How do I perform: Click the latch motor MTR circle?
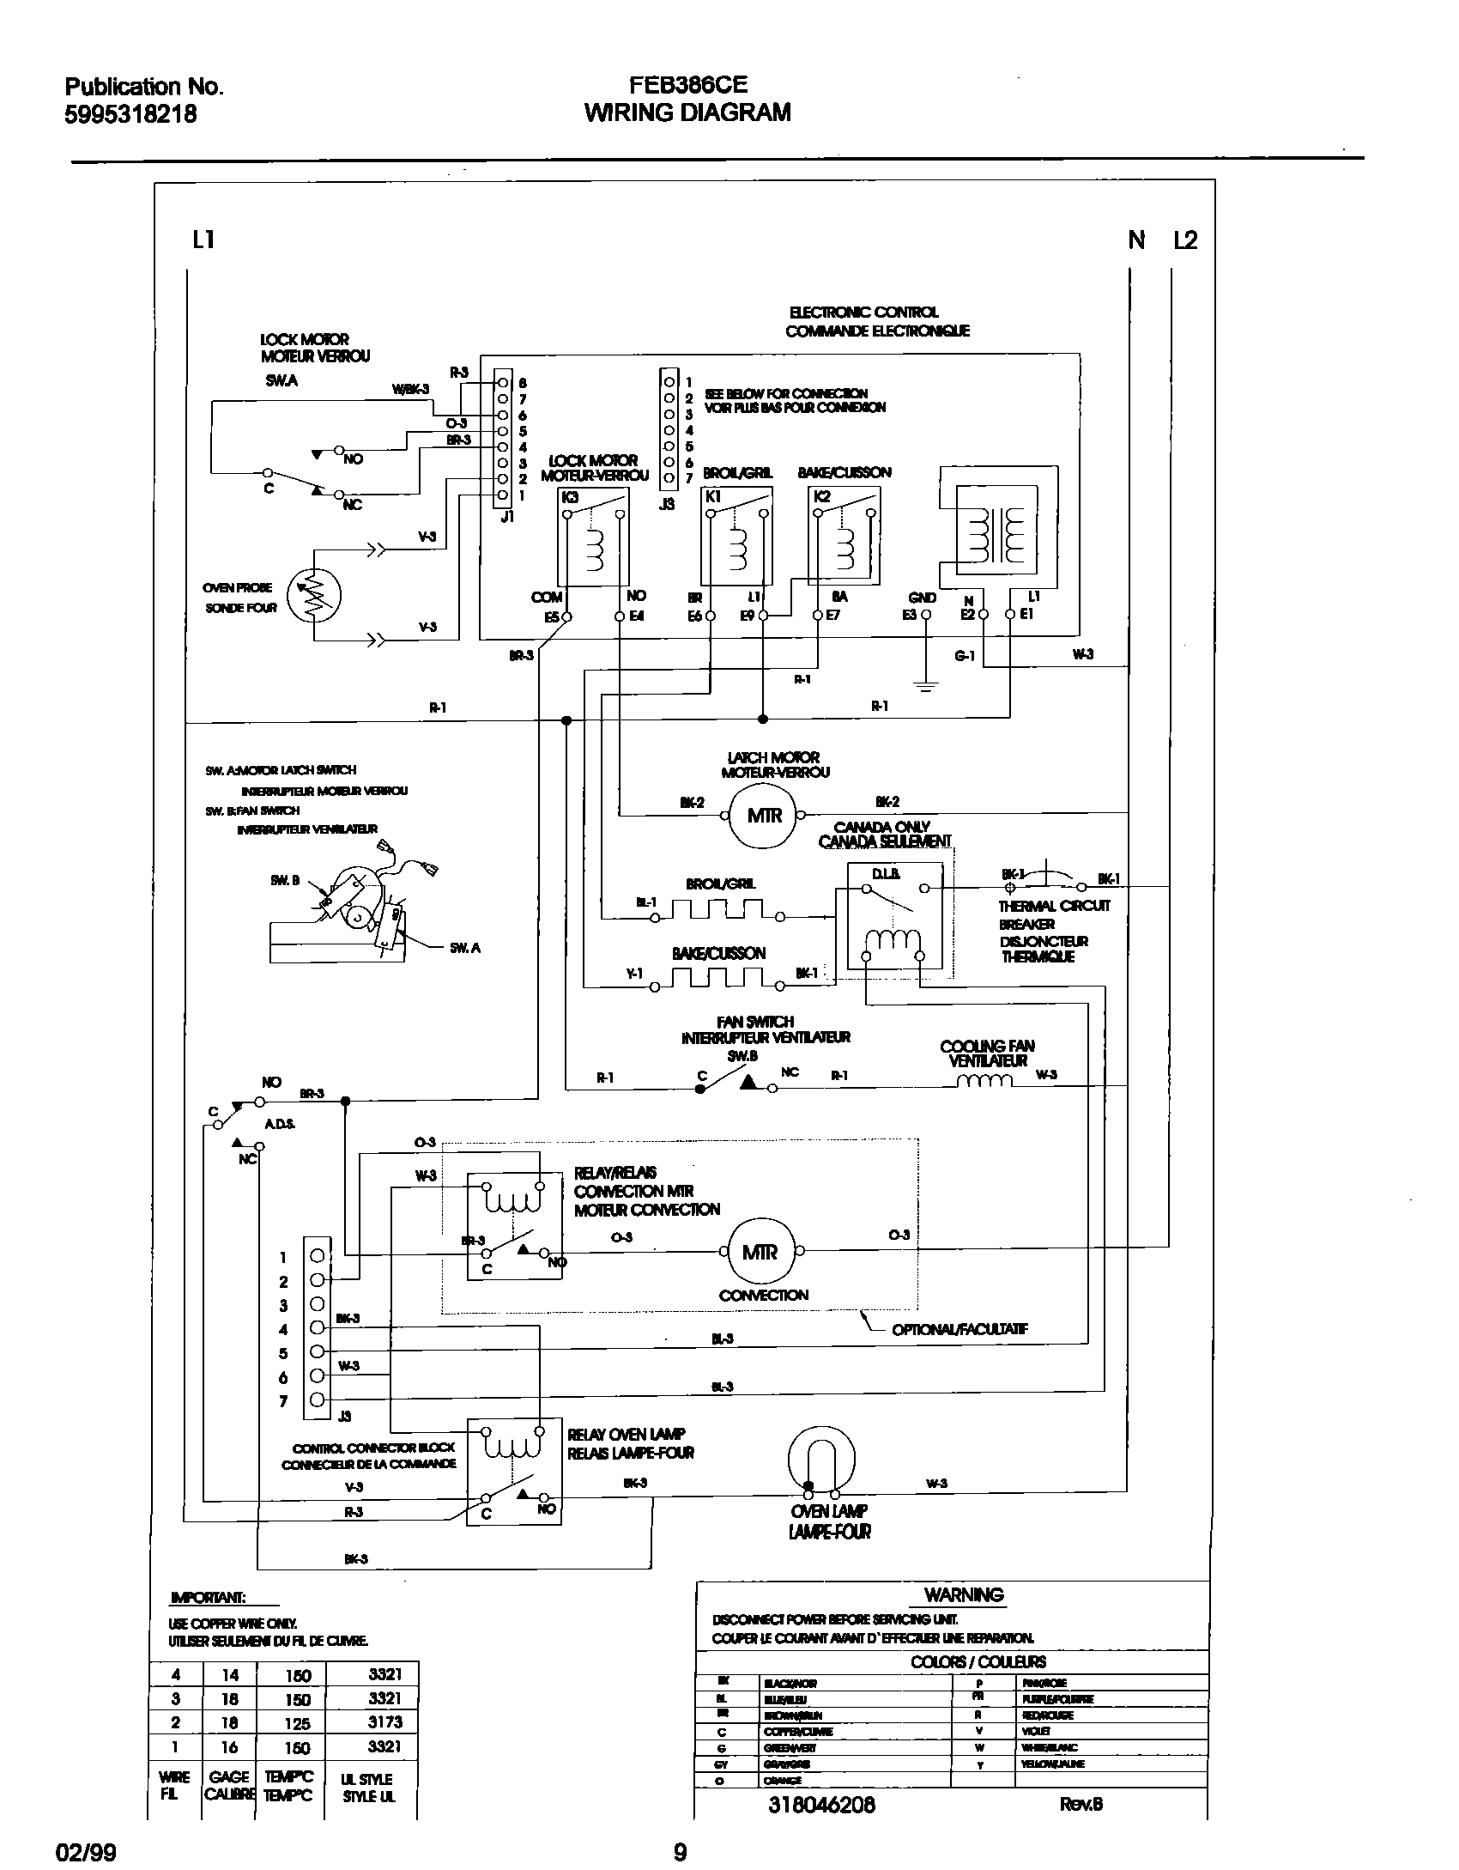coord(763,815)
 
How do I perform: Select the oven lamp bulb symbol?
coord(821,1459)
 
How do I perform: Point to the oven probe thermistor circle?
coord(314,595)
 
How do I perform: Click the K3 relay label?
coord(570,497)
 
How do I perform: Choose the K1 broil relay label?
coord(712,496)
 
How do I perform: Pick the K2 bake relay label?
coord(821,496)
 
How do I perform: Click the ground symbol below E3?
coord(925,684)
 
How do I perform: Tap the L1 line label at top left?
coord(203,240)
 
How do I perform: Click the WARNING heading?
coord(964,1595)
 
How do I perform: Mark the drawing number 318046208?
coord(821,1804)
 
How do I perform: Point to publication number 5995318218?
coord(130,114)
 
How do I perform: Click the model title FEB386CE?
coord(687,85)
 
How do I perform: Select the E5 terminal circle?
coord(566,616)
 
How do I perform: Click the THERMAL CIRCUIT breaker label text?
coord(1054,905)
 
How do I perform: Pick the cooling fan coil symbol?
coord(984,1082)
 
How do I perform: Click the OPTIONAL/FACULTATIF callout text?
coord(960,1329)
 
